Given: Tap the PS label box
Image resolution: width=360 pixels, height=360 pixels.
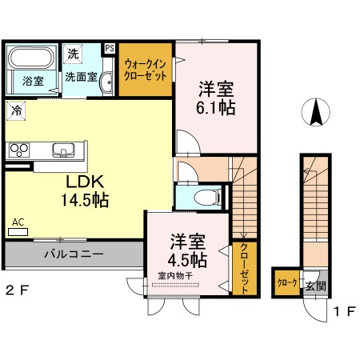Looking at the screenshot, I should [x=109, y=48].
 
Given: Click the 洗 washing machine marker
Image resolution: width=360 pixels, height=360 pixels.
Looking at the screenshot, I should [x=74, y=55].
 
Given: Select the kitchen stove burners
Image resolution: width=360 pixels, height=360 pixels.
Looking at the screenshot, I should [x=18, y=149].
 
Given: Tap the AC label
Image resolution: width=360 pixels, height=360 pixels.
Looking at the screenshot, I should [x=18, y=223].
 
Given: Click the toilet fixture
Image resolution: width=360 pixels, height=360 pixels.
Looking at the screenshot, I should [x=210, y=197].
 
